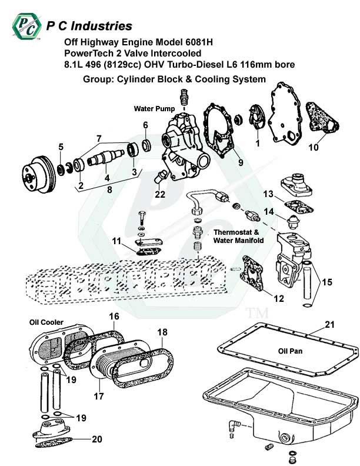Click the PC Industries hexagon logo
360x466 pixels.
pos(26,26)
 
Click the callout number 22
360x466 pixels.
pos(160,194)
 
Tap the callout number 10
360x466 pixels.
pos(314,147)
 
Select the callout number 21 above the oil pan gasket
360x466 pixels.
pos(329,325)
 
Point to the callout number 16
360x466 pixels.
pos(114,316)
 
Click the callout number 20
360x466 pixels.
pos(97,439)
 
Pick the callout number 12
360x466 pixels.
pos(279,298)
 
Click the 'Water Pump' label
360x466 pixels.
pos(154,109)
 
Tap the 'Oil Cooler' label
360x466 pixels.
pos(46,322)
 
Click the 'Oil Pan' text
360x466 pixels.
pos(290,351)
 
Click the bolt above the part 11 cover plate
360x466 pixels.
pos(142,218)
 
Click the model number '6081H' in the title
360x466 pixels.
pos(198,42)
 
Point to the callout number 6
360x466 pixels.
pos(145,125)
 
